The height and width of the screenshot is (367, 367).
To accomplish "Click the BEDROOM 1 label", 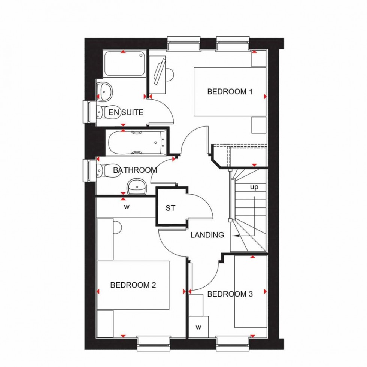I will [229, 91].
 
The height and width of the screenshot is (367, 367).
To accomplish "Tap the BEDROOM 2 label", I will [133, 285].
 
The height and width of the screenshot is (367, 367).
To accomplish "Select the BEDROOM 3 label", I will [230, 294].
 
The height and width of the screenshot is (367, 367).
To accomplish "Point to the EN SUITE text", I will [126, 112].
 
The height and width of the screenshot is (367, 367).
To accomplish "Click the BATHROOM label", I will [135, 170].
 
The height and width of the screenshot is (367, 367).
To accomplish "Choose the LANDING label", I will [207, 235].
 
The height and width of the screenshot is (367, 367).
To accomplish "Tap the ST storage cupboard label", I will [170, 209].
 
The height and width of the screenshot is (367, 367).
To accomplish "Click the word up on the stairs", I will [254, 187].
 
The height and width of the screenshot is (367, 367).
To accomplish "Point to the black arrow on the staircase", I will [237, 236].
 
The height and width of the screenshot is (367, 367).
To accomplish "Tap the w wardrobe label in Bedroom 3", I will [198, 327].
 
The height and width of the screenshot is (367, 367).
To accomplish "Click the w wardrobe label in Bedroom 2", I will [126, 206].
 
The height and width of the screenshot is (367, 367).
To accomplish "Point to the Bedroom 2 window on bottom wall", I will [153, 341].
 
